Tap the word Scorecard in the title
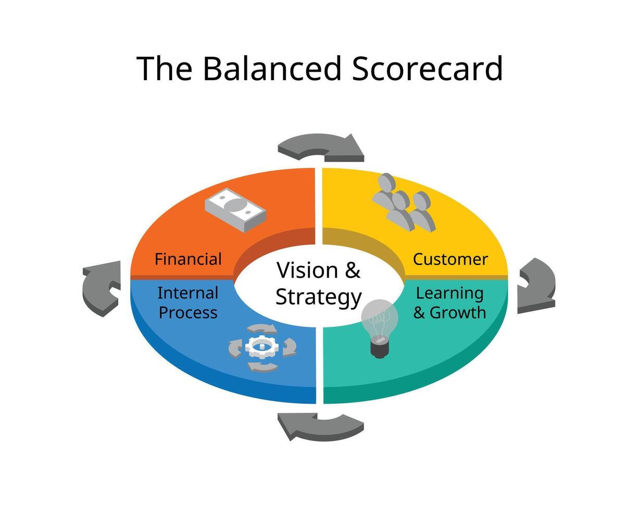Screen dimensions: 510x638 click(427, 68)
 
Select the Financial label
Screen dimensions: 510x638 click(188, 259)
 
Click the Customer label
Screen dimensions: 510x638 click(451, 259)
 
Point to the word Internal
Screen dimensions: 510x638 click(187, 293)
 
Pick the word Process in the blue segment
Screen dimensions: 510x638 click(187, 312)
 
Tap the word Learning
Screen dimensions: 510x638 click(449, 293)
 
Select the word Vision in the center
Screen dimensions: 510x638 click(300, 270)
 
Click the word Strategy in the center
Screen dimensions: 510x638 click(318, 297)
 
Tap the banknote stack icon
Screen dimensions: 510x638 click(235, 209)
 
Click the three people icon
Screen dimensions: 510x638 click(403, 202)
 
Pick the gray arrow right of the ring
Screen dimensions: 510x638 click(536, 285)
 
